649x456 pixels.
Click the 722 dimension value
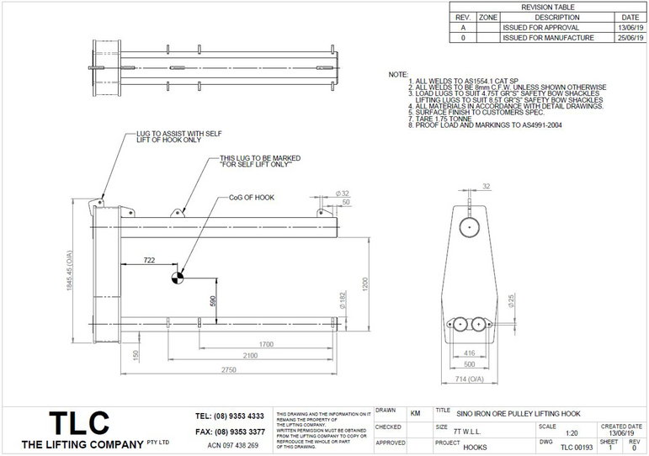click(148, 260)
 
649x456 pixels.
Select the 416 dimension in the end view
click(468, 354)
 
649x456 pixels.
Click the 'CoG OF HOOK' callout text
click(252, 198)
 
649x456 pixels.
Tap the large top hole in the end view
click(470, 225)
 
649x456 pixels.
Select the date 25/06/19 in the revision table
click(630, 38)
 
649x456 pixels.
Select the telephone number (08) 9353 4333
click(230, 416)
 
